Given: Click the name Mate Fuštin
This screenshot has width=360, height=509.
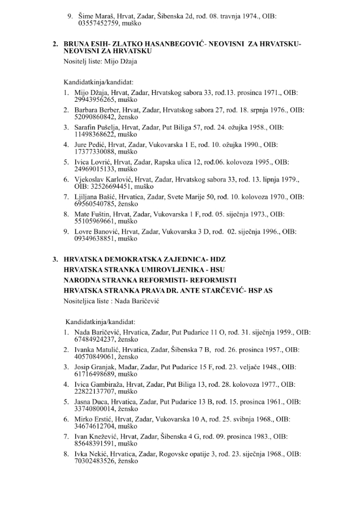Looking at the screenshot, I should (x=92, y=214).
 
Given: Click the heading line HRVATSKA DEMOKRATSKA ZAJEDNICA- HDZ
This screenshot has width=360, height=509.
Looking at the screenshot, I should (x=140, y=259).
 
